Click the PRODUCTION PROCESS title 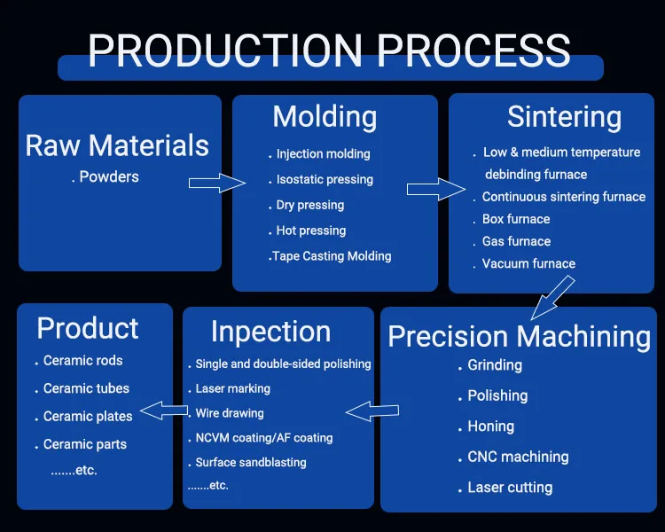click(x=329, y=51)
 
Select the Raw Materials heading click(x=117, y=145)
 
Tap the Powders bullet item click(x=106, y=176)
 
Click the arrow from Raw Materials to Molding click(x=217, y=183)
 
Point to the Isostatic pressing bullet click(x=321, y=179)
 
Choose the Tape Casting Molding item click(x=330, y=256)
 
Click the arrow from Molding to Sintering click(x=436, y=189)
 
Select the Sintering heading click(x=565, y=117)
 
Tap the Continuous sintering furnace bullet click(x=559, y=197)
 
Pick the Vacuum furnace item click(x=525, y=263)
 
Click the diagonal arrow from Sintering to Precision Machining click(x=552, y=298)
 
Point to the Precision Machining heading click(x=520, y=337)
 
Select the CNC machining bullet click(x=513, y=457)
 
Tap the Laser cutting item click(x=505, y=488)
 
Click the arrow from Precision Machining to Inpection click(x=372, y=411)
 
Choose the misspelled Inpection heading click(x=271, y=332)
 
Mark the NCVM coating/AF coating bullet click(x=261, y=438)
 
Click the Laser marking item click(x=229, y=388)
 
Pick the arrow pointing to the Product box click(x=164, y=411)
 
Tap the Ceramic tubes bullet click(x=82, y=388)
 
